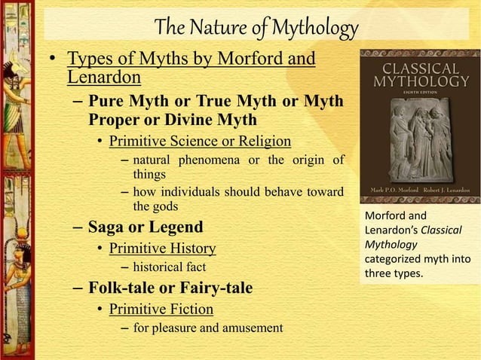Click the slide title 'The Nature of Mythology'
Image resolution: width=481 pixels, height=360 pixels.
coord(256,28)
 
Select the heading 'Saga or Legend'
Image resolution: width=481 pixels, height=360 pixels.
coord(146,227)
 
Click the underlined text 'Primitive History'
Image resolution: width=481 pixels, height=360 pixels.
coord(162,248)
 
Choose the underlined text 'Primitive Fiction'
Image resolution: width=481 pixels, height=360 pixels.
coord(161,309)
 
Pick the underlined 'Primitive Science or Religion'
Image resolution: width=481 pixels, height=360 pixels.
coord(200,141)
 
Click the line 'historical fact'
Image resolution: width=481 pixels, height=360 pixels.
coord(170,267)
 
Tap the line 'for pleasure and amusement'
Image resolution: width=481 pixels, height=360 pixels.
coord(208,328)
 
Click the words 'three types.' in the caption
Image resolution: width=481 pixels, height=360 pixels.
coord(394,273)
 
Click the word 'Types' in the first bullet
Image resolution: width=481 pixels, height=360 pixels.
coord(90,59)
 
